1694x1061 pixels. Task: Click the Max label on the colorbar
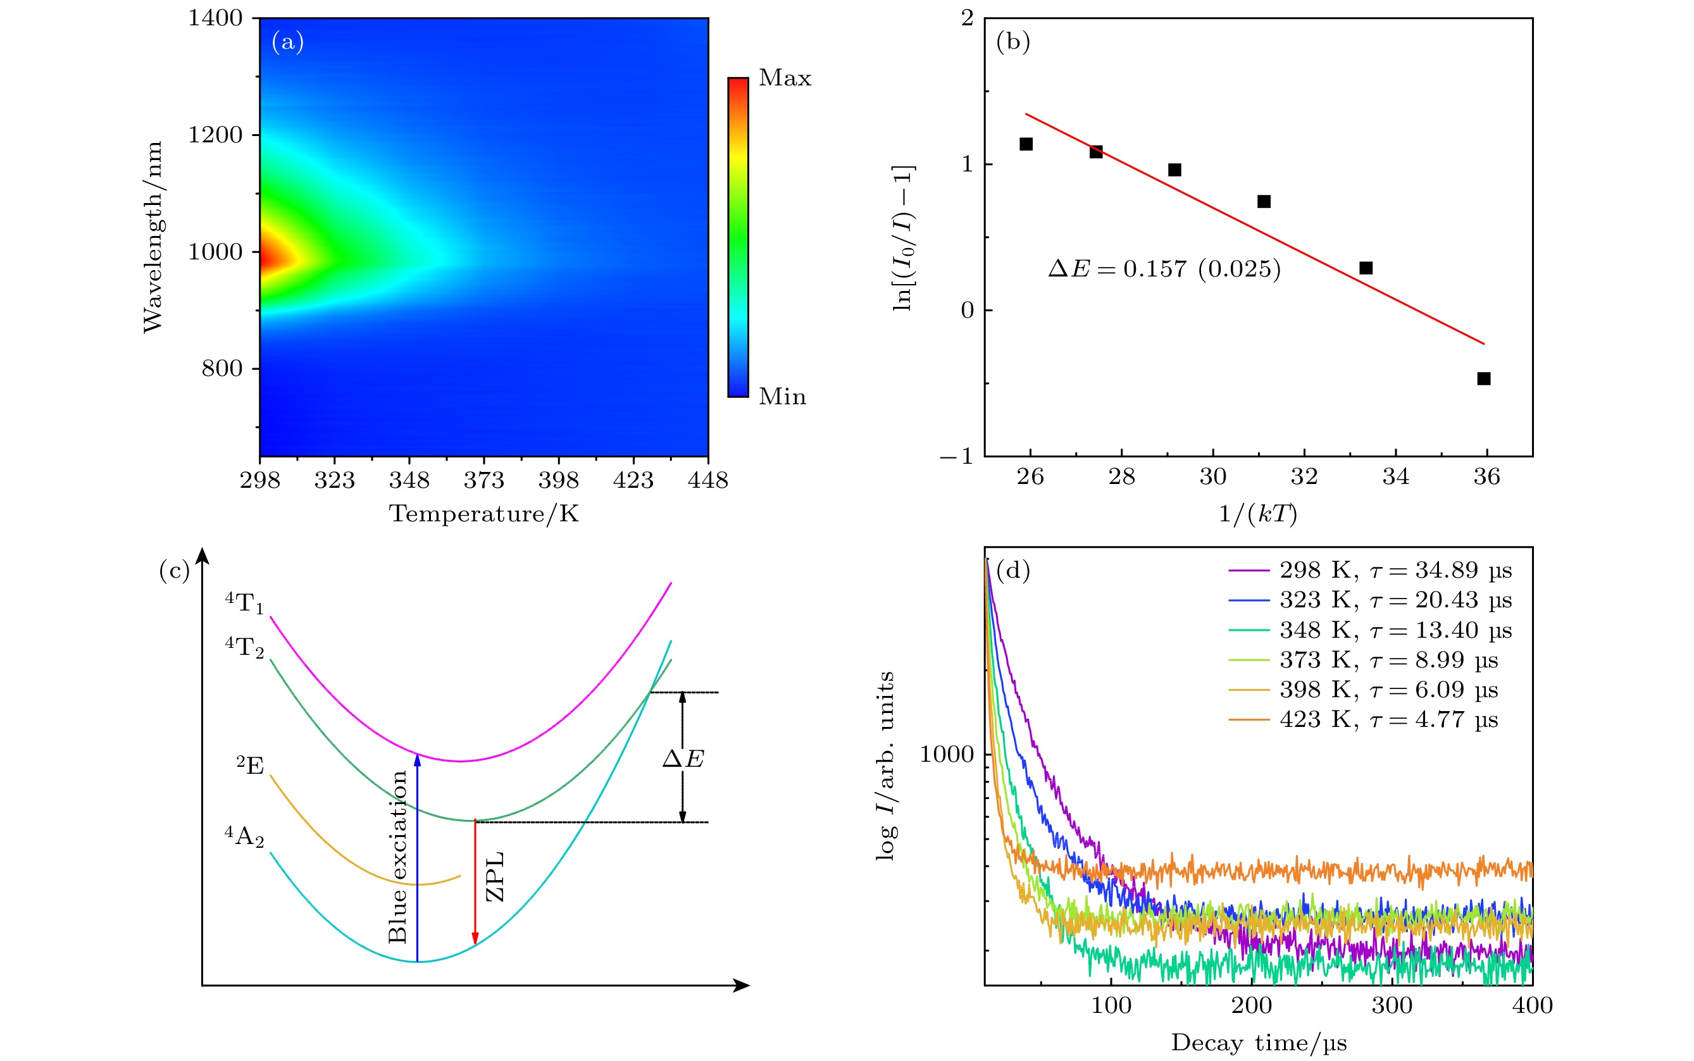click(785, 78)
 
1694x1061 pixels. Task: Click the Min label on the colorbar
click(782, 397)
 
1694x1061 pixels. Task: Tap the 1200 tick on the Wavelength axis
click(215, 135)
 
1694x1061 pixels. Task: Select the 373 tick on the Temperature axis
click(483, 481)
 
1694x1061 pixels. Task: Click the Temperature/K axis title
click(483, 514)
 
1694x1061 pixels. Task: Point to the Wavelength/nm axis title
click(153, 237)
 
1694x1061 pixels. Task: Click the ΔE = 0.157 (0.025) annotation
click(1164, 269)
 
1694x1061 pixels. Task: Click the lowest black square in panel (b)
click(1483, 379)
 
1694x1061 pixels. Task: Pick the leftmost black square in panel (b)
click(1026, 144)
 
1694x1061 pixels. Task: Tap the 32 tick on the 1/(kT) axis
click(1304, 477)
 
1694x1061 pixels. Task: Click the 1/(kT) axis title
click(1257, 514)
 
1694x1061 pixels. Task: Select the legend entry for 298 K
click(1370, 571)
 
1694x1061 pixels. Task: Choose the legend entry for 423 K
click(1363, 720)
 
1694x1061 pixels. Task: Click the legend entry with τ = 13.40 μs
click(1370, 631)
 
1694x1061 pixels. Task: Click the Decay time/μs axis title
click(1258, 1043)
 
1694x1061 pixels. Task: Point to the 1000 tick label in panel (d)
click(947, 755)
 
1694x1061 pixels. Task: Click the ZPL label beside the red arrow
click(495, 876)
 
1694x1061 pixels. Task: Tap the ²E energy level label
click(251, 765)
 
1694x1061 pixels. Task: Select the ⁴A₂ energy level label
click(244, 836)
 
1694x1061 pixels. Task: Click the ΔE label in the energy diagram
click(683, 759)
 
